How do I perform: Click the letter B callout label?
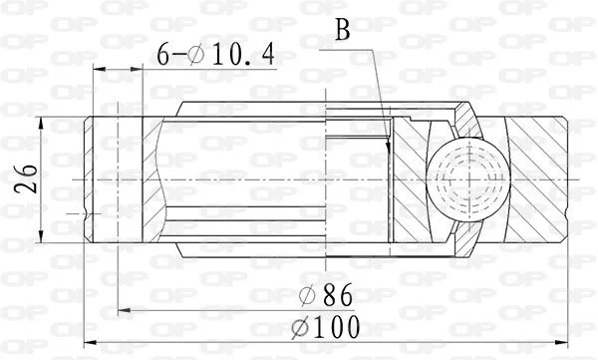pyautogui.click(x=343, y=30)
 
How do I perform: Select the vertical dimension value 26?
pyautogui.click(x=26, y=180)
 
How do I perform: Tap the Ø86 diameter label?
pyautogui.click(x=326, y=295)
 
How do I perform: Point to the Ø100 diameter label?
pyautogui.click(x=326, y=327)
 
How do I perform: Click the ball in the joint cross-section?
pyautogui.click(x=468, y=180)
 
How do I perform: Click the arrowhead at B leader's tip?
pyautogui.click(x=389, y=145)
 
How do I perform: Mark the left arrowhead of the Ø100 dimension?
pyautogui.click(x=90, y=342)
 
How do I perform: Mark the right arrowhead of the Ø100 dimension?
pyautogui.click(x=562, y=342)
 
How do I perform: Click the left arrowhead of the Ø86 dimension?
pyautogui.click(x=125, y=311)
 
